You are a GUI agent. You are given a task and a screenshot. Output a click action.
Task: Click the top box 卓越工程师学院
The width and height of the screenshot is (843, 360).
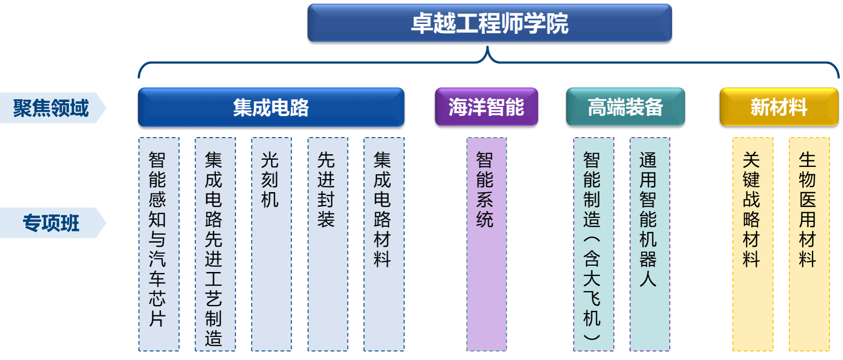point(490,23)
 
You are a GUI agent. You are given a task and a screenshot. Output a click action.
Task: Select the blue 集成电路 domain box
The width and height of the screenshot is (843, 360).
point(271,107)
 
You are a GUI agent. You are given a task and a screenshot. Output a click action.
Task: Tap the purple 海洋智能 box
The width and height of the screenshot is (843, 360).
point(486,107)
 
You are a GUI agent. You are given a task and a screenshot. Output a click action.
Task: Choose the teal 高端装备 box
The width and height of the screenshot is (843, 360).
point(625,107)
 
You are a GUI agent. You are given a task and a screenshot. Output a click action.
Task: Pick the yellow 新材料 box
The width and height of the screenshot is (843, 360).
point(779,107)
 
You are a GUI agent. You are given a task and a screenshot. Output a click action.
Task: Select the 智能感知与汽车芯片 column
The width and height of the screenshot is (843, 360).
point(159,244)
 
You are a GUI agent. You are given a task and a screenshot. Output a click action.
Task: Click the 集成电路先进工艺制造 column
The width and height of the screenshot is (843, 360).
point(215,244)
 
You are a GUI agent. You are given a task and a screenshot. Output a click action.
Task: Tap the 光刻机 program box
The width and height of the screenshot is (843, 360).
point(271,244)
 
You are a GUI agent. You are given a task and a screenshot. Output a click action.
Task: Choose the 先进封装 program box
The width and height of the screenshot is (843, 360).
point(328,244)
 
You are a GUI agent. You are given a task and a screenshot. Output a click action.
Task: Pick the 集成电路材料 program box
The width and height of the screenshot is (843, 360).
point(384,244)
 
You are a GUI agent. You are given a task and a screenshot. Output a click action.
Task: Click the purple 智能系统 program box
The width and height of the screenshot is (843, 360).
point(486,244)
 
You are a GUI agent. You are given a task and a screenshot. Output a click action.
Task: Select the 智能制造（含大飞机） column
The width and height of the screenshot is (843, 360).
point(593,244)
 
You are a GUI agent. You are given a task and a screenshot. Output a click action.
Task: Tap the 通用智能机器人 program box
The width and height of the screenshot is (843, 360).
point(650,244)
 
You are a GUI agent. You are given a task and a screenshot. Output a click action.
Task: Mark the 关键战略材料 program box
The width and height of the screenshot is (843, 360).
point(753,244)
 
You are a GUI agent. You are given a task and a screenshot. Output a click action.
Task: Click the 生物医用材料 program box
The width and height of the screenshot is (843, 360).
point(809,244)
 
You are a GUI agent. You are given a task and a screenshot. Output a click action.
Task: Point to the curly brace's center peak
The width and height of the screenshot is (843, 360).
point(488,47)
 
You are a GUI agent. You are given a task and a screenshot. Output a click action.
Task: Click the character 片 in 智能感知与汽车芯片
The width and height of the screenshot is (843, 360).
point(157,319)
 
